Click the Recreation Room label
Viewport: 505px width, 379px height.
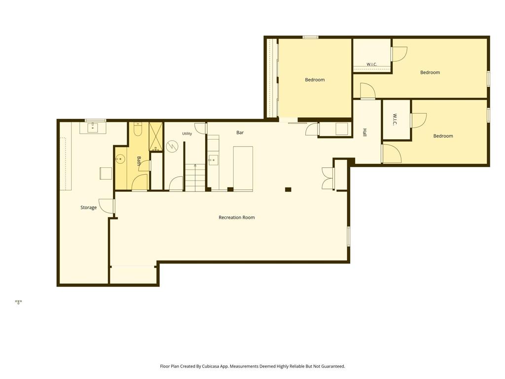click(x=236, y=218)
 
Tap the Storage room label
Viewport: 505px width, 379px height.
click(x=88, y=208)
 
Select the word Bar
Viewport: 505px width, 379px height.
click(x=240, y=132)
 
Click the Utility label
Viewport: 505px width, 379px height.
click(x=187, y=133)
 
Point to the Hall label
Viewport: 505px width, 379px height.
click(x=365, y=132)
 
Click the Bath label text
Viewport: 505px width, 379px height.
click(x=139, y=161)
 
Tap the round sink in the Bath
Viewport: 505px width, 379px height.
click(x=120, y=159)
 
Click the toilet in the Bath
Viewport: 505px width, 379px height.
click(x=138, y=129)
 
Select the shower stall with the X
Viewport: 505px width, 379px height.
click(x=156, y=136)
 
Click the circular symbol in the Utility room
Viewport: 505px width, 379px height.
click(x=172, y=147)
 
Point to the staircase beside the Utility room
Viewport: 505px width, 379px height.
click(x=195, y=178)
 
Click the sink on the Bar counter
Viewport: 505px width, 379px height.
click(x=213, y=160)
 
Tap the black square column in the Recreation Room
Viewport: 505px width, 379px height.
click(x=288, y=189)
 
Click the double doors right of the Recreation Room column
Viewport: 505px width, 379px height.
click(x=328, y=178)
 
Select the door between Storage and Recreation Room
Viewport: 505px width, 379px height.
click(x=107, y=206)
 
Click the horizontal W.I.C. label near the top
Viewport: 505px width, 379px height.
click(x=371, y=64)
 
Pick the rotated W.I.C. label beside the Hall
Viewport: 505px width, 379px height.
click(x=395, y=119)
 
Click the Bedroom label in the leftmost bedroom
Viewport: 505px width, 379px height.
click(x=315, y=79)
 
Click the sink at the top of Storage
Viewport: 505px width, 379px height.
click(x=93, y=127)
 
